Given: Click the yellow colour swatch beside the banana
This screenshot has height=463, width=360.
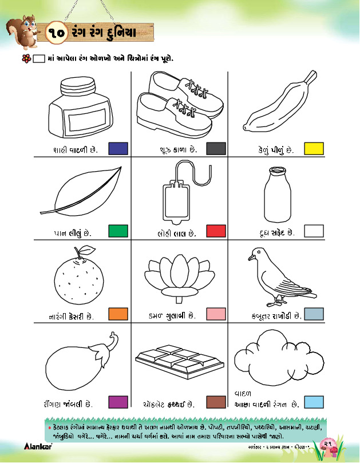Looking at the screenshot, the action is (x=314, y=149).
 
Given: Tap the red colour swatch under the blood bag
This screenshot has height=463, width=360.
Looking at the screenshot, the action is (x=216, y=231).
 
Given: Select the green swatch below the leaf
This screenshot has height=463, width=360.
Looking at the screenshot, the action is (x=118, y=231).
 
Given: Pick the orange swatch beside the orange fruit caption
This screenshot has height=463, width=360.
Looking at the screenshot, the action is (x=118, y=314).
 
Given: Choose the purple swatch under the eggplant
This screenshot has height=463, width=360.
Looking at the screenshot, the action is (x=118, y=402).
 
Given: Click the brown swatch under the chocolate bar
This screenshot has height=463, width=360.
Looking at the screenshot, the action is (x=216, y=402).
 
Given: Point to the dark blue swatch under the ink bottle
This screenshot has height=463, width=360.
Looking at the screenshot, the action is (x=118, y=149).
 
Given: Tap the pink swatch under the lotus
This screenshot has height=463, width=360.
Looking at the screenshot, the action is (x=216, y=314).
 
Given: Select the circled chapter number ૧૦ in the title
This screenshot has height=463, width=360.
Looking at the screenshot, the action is (x=57, y=33).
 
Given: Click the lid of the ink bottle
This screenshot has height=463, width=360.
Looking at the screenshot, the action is (x=78, y=86).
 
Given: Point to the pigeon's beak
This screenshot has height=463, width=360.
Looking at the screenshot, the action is (x=252, y=258).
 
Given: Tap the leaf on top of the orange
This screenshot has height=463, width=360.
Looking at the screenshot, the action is (x=87, y=250).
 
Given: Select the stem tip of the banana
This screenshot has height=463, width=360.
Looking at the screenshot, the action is (x=311, y=76).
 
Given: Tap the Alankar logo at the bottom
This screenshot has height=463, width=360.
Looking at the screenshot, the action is (x=38, y=446).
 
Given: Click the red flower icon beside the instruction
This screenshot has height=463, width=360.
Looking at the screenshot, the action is (x=26, y=58).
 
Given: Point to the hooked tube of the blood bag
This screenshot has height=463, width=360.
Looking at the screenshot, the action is (x=193, y=173).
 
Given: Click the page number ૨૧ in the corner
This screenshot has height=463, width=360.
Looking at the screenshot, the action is (x=327, y=444).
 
